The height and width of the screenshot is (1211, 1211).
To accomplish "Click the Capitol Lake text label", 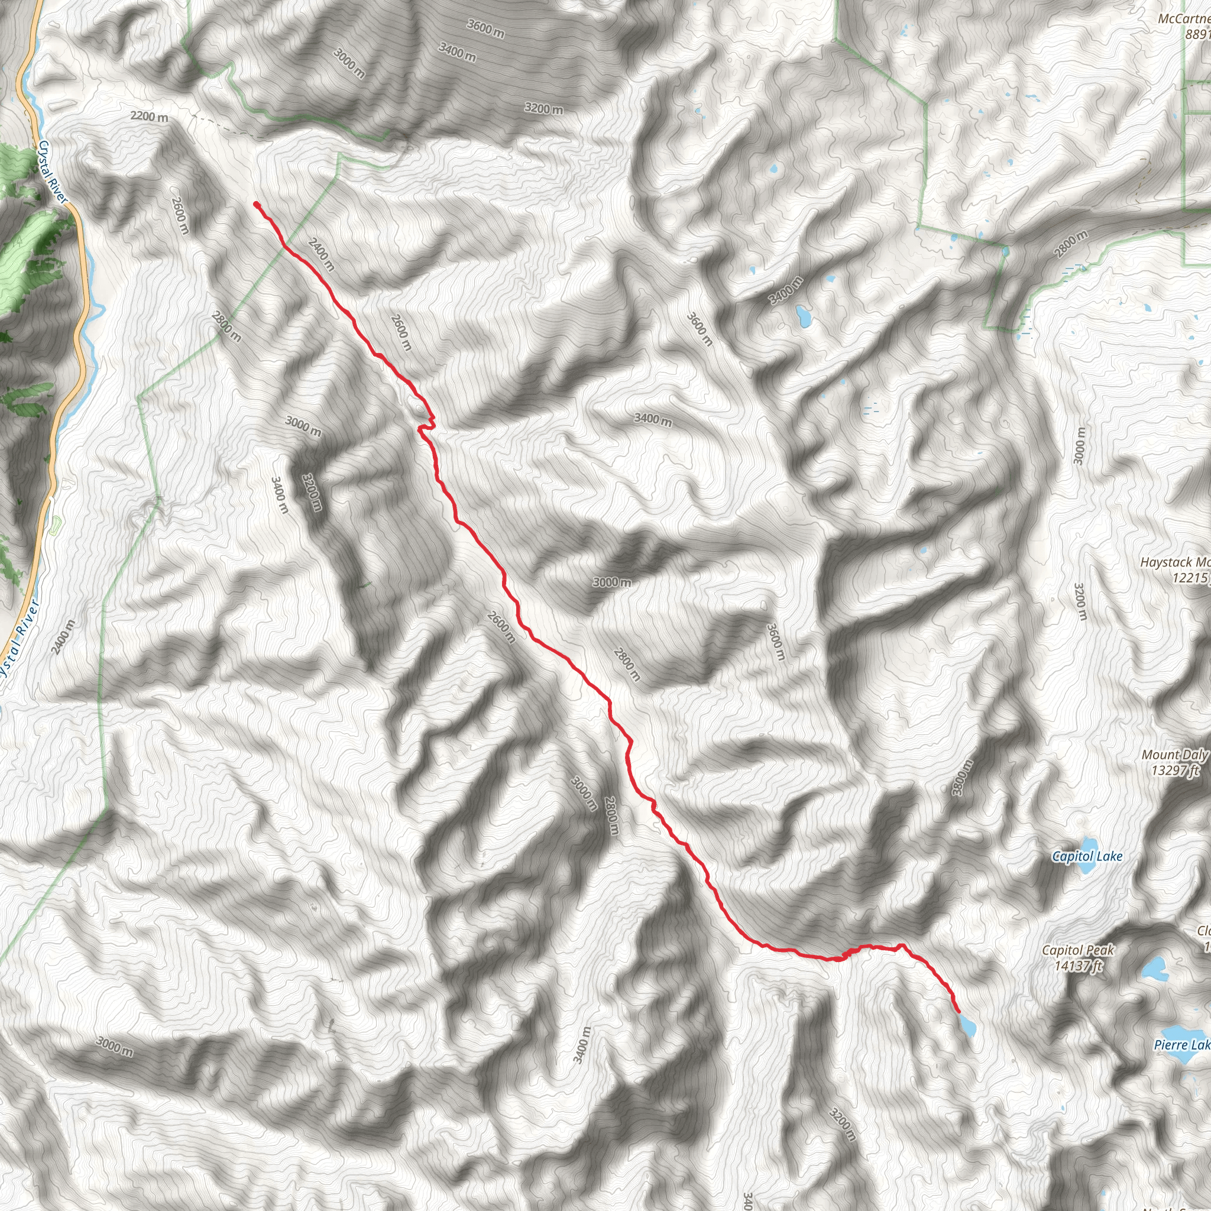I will [1087, 856].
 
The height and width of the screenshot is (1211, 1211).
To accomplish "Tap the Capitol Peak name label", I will [1078, 950].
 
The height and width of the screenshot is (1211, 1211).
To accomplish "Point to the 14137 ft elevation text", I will [1078, 966].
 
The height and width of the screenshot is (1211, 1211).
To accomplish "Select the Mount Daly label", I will [1174, 755].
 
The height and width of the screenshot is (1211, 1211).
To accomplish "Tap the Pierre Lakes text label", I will [1182, 1045].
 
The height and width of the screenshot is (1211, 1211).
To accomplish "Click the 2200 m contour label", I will [149, 116].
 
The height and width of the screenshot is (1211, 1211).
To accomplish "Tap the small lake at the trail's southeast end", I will [967, 1026].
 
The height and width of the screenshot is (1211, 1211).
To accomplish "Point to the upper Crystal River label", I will [53, 171].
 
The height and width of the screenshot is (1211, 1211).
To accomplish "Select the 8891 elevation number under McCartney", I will [1197, 34].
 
